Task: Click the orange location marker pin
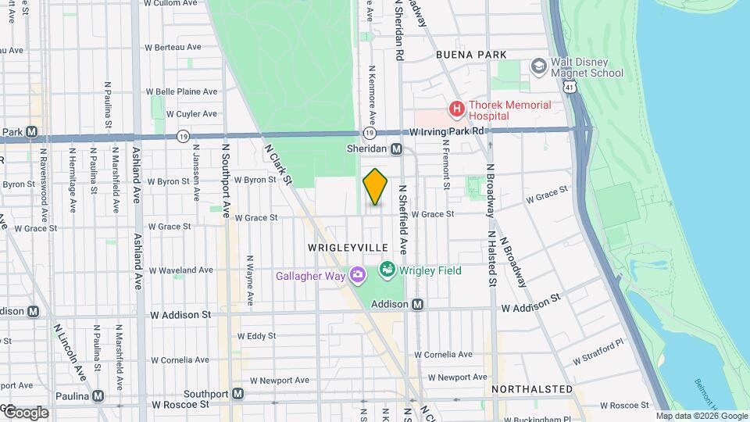(375, 187)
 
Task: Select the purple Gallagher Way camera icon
(358, 274)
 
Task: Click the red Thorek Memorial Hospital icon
(455, 109)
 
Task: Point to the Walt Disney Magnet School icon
(537, 66)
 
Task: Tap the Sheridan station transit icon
(397, 148)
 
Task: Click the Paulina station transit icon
(98, 395)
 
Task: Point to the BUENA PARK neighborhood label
(471, 55)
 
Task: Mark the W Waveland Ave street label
(180, 270)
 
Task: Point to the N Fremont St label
(446, 163)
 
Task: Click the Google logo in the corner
(25, 413)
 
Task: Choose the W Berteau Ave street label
(173, 48)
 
